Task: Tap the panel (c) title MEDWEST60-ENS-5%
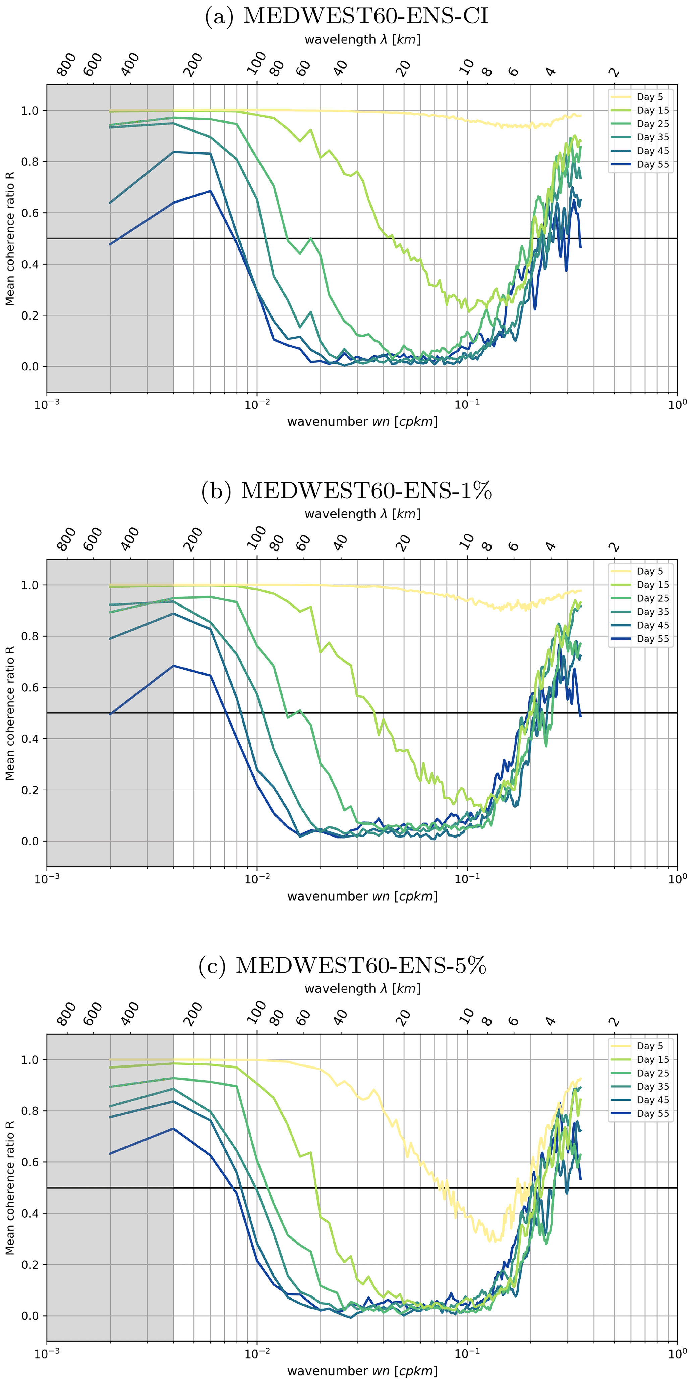point(343,966)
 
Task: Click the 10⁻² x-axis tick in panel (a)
point(257,405)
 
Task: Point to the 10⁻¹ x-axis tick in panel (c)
point(467,1354)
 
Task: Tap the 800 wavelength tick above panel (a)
point(67,65)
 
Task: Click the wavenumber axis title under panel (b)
point(362,896)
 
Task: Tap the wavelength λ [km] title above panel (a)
point(362,39)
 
